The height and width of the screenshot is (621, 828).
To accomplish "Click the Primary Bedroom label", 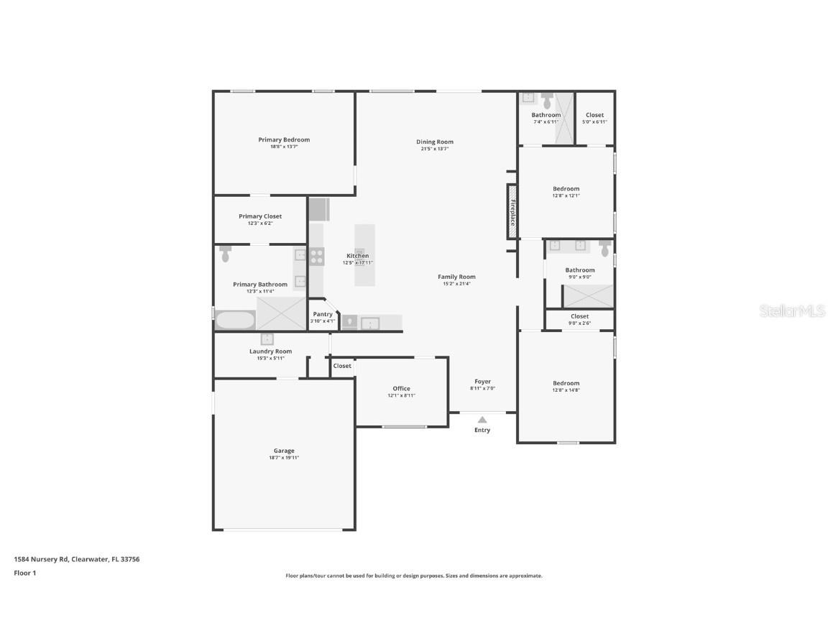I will pyautogui.click(x=284, y=139).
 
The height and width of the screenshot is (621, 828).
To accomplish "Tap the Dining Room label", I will pyautogui.click(x=435, y=142).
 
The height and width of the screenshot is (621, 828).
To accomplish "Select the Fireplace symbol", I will pyautogui.click(x=512, y=212).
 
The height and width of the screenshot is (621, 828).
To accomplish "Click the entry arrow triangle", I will pyautogui.click(x=482, y=420).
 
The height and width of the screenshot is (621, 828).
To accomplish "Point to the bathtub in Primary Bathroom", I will pyautogui.click(x=235, y=320).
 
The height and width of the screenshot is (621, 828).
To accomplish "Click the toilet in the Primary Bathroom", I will pyautogui.click(x=226, y=253).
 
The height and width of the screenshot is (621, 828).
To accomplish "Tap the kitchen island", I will pyautogui.click(x=364, y=255).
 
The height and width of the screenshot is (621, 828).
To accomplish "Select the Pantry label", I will pyautogui.click(x=323, y=314).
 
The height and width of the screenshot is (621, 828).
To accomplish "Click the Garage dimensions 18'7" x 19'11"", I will pyautogui.click(x=284, y=458).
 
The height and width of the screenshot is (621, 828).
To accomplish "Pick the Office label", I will pyautogui.click(x=401, y=388).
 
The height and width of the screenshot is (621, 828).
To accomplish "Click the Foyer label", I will pyautogui.click(x=482, y=382).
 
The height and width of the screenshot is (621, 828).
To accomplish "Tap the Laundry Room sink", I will pyautogui.click(x=267, y=339).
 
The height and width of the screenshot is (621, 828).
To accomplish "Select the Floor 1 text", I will pyautogui.click(x=25, y=573).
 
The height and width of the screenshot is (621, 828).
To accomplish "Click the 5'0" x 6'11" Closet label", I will pyautogui.click(x=594, y=115).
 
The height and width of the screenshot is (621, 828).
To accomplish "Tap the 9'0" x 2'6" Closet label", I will pyautogui.click(x=579, y=316).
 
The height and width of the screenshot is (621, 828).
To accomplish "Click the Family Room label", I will pyautogui.click(x=456, y=277).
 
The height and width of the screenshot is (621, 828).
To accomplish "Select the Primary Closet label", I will pyautogui.click(x=260, y=216).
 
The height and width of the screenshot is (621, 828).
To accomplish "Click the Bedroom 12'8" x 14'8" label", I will pyautogui.click(x=566, y=383).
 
